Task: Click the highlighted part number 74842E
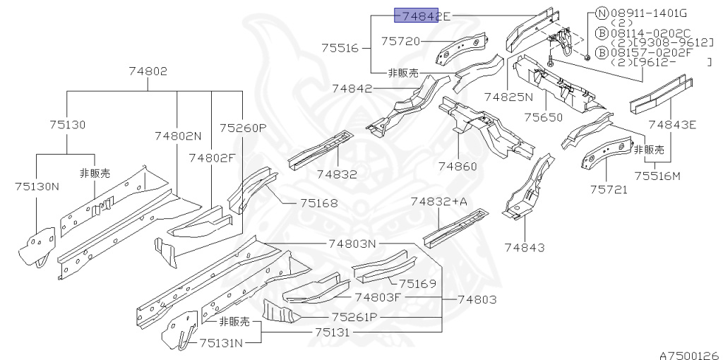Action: tap(422, 16)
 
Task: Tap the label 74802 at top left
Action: tap(148, 71)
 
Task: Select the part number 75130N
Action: tap(37, 186)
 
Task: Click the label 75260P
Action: tap(242, 128)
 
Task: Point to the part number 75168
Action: tap(318, 203)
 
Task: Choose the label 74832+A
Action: tap(439, 202)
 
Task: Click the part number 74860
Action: tap(458, 167)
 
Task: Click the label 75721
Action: tap(608, 189)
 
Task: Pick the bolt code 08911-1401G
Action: tap(648, 13)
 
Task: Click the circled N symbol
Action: tap(602, 13)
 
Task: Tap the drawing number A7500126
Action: tap(689, 354)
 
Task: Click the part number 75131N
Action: tap(220, 343)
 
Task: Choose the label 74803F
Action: tap(378, 297)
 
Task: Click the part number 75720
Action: tap(401, 42)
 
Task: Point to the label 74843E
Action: tap(672, 125)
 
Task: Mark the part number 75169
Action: tap(417, 284)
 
